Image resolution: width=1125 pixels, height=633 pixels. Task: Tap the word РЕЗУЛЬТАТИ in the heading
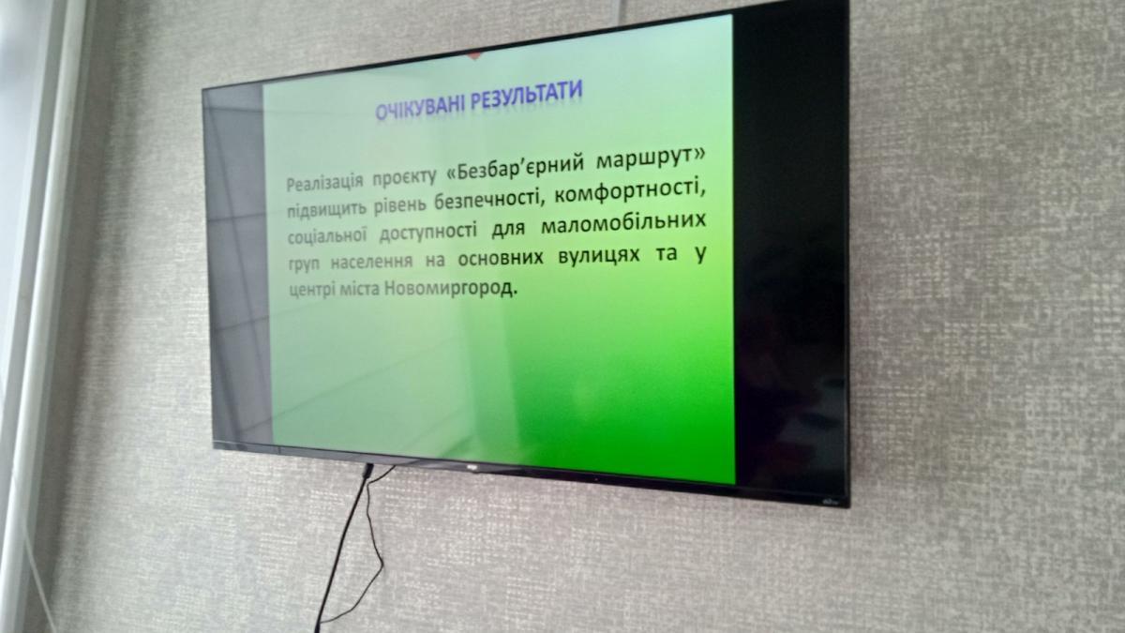(x=527, y=96)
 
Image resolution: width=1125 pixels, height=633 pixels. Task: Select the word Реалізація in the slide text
(x=324, y=182)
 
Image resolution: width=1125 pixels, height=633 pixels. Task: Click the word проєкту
(x=405, y=177)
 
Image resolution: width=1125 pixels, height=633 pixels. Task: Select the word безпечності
(x=490, y=200)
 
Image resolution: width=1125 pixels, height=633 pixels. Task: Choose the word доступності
(x=427, y=233)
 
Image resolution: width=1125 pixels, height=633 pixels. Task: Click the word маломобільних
(x=623, y=224)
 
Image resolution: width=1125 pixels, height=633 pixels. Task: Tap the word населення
(x=371, y=262)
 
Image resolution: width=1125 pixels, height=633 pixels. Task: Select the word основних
(x=501, y=258)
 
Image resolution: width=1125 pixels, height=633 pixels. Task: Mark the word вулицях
(x=599, y=255)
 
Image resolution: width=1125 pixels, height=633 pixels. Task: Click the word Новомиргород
(x=451, y=289)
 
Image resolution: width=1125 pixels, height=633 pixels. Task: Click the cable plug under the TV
(x=367, y=471)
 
